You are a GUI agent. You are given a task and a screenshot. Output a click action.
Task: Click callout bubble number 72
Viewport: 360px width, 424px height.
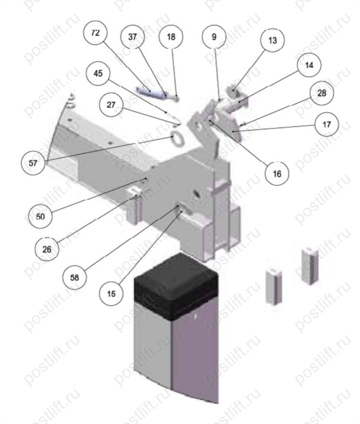[96, 33]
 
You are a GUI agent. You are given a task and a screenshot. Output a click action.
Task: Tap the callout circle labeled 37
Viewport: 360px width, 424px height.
[132, 37]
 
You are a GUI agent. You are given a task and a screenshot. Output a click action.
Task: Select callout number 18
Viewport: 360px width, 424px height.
[171, 37]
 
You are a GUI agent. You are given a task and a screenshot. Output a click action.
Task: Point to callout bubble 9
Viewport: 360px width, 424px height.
[214, 37]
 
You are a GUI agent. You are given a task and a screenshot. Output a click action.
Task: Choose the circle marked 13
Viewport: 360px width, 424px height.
[272, 40]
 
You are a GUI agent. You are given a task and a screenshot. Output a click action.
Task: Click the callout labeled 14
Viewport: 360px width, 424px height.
[309, 65]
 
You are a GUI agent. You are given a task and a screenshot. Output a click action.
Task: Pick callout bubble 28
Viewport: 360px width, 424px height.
[322, 93]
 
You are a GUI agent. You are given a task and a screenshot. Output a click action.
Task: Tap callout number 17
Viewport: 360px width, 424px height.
[327, 124]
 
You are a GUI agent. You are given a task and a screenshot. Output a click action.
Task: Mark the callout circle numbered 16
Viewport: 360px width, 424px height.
[277, 174]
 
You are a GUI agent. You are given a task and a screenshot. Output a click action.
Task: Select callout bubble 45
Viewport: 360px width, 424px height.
[98, 73]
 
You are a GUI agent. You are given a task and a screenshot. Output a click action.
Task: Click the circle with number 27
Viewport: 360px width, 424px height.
[111, 105]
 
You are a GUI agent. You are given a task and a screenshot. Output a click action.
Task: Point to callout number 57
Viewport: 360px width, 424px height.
[33, 163]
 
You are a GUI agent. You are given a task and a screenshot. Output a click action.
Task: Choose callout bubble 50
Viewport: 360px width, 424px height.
[40, 216]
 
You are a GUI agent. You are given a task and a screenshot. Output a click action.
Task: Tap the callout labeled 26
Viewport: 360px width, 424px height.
[47, 249]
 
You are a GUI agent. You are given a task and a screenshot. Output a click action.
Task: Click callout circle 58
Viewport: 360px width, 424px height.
[75, 278]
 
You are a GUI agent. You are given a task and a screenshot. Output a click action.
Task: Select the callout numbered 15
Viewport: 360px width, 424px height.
[111, 294]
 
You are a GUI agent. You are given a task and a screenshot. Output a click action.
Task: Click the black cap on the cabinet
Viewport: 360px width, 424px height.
[176, 286]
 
